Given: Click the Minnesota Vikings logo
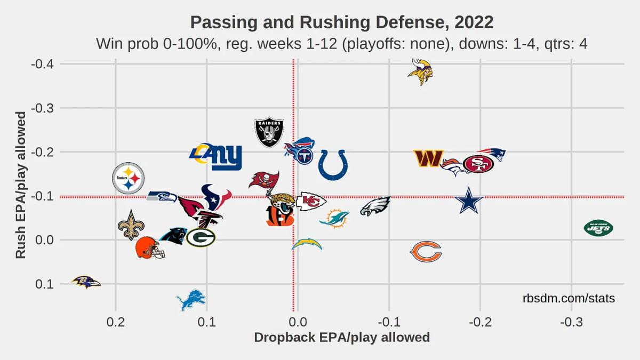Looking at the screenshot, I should click(420, 72).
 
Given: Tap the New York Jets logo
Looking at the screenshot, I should click(598, 228).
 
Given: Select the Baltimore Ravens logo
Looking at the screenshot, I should click(86, 282).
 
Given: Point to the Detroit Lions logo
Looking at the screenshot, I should click(191, 300).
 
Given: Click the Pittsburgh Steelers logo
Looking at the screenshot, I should click(129, 178).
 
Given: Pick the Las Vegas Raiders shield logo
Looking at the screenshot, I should click(269, 133).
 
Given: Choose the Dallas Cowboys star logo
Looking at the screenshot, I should click(469, 201).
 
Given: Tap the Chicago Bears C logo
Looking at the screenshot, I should click(426, 251).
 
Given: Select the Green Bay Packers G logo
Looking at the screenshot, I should click(201, 237).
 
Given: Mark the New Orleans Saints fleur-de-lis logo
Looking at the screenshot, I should click(131, 225).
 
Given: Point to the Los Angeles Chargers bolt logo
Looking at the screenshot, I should click(307, 244).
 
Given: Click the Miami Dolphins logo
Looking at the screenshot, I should click(334, 219).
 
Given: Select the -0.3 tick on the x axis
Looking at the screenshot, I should click(571, 322).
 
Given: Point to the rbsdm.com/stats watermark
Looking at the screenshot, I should click(569, 299).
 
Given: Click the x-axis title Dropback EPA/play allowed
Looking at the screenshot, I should click(342, 338).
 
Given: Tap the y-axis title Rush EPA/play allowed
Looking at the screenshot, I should click(21, 185).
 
